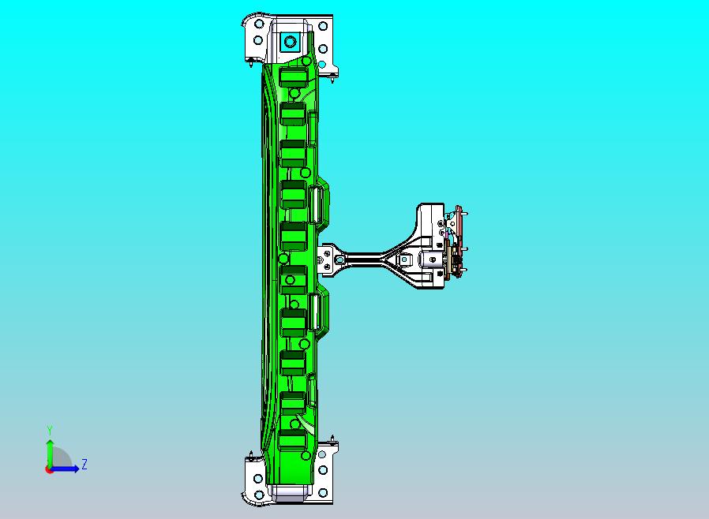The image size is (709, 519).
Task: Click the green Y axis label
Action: tap(50, 430)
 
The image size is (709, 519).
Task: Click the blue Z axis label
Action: tap(84, 464)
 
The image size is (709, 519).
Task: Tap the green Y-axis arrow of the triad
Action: tap(50, 454)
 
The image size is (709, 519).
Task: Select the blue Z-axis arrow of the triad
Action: tap(64, 469)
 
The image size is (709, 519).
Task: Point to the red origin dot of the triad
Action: tap(49, 470)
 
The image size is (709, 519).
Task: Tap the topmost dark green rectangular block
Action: tap(294, 77)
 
